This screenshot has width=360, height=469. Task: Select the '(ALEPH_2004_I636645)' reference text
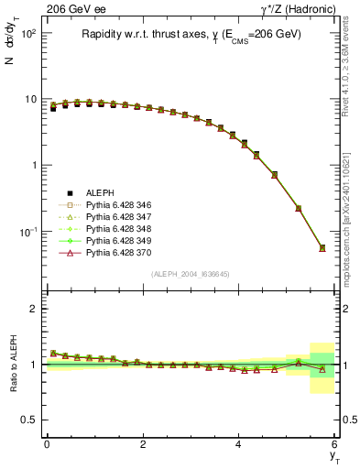(190, 275)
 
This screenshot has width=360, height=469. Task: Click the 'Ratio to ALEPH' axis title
(15, 365)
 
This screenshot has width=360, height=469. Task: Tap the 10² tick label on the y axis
(28, 33)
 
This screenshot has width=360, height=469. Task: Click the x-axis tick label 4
(239, 444)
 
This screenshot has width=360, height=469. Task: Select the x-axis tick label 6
(335, 444)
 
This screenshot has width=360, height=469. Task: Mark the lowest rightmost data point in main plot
(322, 248)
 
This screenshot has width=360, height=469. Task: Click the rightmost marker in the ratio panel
(322, 369)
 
